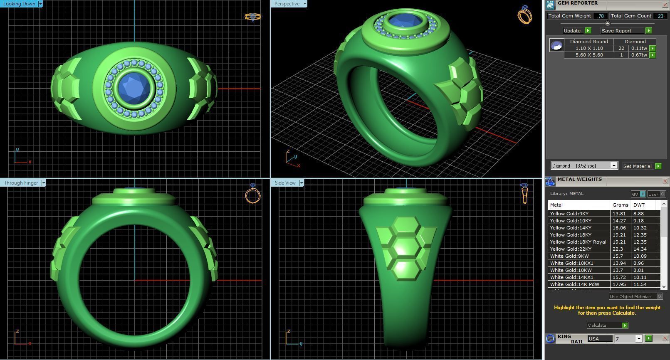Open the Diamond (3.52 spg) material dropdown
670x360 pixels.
[x=613, y=166]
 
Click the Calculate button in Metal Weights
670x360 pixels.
[x=607, y=325]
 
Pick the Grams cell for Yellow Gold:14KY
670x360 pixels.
[x=619, y=228]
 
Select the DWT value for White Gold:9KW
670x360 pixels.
[x=639, y=256]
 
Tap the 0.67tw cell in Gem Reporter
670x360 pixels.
[x=638, y=55]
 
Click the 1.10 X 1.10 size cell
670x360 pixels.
[x=589, y=48]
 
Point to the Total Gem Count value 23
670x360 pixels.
[x=660, y=16]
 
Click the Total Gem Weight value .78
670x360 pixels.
[x=600, y=16]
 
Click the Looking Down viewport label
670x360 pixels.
[x=19, y=4]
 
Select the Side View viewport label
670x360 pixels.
[x=285, y=183]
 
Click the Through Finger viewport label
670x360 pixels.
[x=21, y=183]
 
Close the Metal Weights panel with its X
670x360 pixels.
[x=665, y=181]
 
